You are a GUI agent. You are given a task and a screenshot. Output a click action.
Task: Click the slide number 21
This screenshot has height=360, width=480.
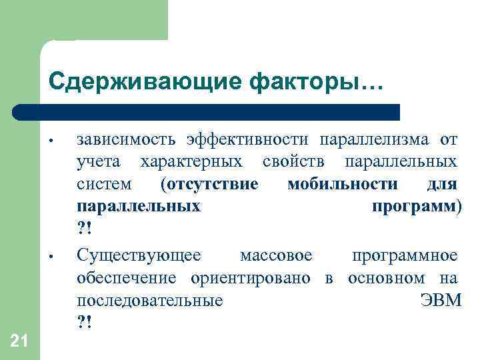coord(19,342)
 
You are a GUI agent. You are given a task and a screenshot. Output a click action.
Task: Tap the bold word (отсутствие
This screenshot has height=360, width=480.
coord(209,184)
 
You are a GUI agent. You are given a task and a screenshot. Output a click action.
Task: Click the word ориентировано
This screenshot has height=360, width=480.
coord(250,277)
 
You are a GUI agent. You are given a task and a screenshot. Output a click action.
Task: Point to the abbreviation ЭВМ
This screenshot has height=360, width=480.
coord(441,300)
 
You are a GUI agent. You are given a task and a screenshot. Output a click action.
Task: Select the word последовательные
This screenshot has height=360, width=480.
coord(150,300)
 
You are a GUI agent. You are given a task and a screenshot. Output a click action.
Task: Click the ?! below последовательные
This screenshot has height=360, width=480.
coord(85,322)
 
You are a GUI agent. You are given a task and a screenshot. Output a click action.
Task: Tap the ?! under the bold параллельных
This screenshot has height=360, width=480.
coord(85,229)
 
